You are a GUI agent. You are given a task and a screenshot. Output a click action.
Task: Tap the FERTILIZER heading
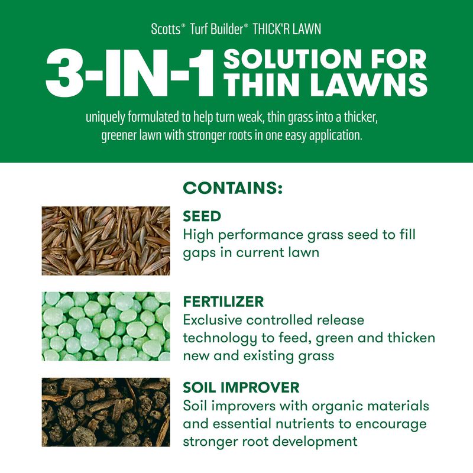pyautogui.click(x=223, y=302)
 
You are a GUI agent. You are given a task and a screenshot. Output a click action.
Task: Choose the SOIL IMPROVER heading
pyautogui.click(x=241, y=388)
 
